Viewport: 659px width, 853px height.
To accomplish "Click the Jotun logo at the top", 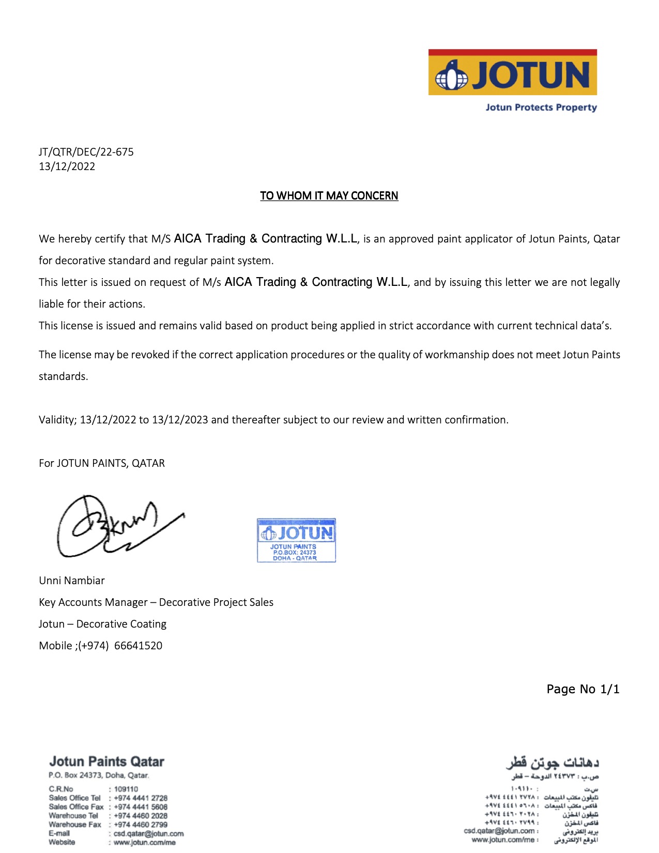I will point(512,73).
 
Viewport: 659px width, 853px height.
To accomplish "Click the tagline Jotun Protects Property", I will point(541,108).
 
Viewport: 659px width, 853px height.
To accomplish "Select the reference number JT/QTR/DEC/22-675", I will point(86,152).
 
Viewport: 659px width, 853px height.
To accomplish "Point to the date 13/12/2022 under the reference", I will point(67,166).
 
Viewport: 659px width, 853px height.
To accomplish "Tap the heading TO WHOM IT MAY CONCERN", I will point(329,196).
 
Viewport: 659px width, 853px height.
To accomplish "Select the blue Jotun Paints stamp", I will point(296,540).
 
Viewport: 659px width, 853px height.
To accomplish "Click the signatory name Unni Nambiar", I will point(72,581).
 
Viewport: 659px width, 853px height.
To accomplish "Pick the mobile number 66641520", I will point(138,646).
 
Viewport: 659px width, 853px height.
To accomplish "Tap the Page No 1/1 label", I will point(583,689).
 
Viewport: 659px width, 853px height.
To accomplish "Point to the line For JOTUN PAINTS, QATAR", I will point(102,463).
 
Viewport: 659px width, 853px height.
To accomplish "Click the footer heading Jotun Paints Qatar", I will point(106,761).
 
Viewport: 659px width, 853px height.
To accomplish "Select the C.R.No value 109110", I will point(126,789).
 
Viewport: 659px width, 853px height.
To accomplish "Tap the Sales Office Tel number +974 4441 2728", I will point(141,798).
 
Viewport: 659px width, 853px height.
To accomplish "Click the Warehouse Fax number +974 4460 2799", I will point(141,825).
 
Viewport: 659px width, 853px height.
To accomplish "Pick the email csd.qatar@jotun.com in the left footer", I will point(148,833).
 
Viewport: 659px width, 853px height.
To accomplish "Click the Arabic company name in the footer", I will point(552,763).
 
